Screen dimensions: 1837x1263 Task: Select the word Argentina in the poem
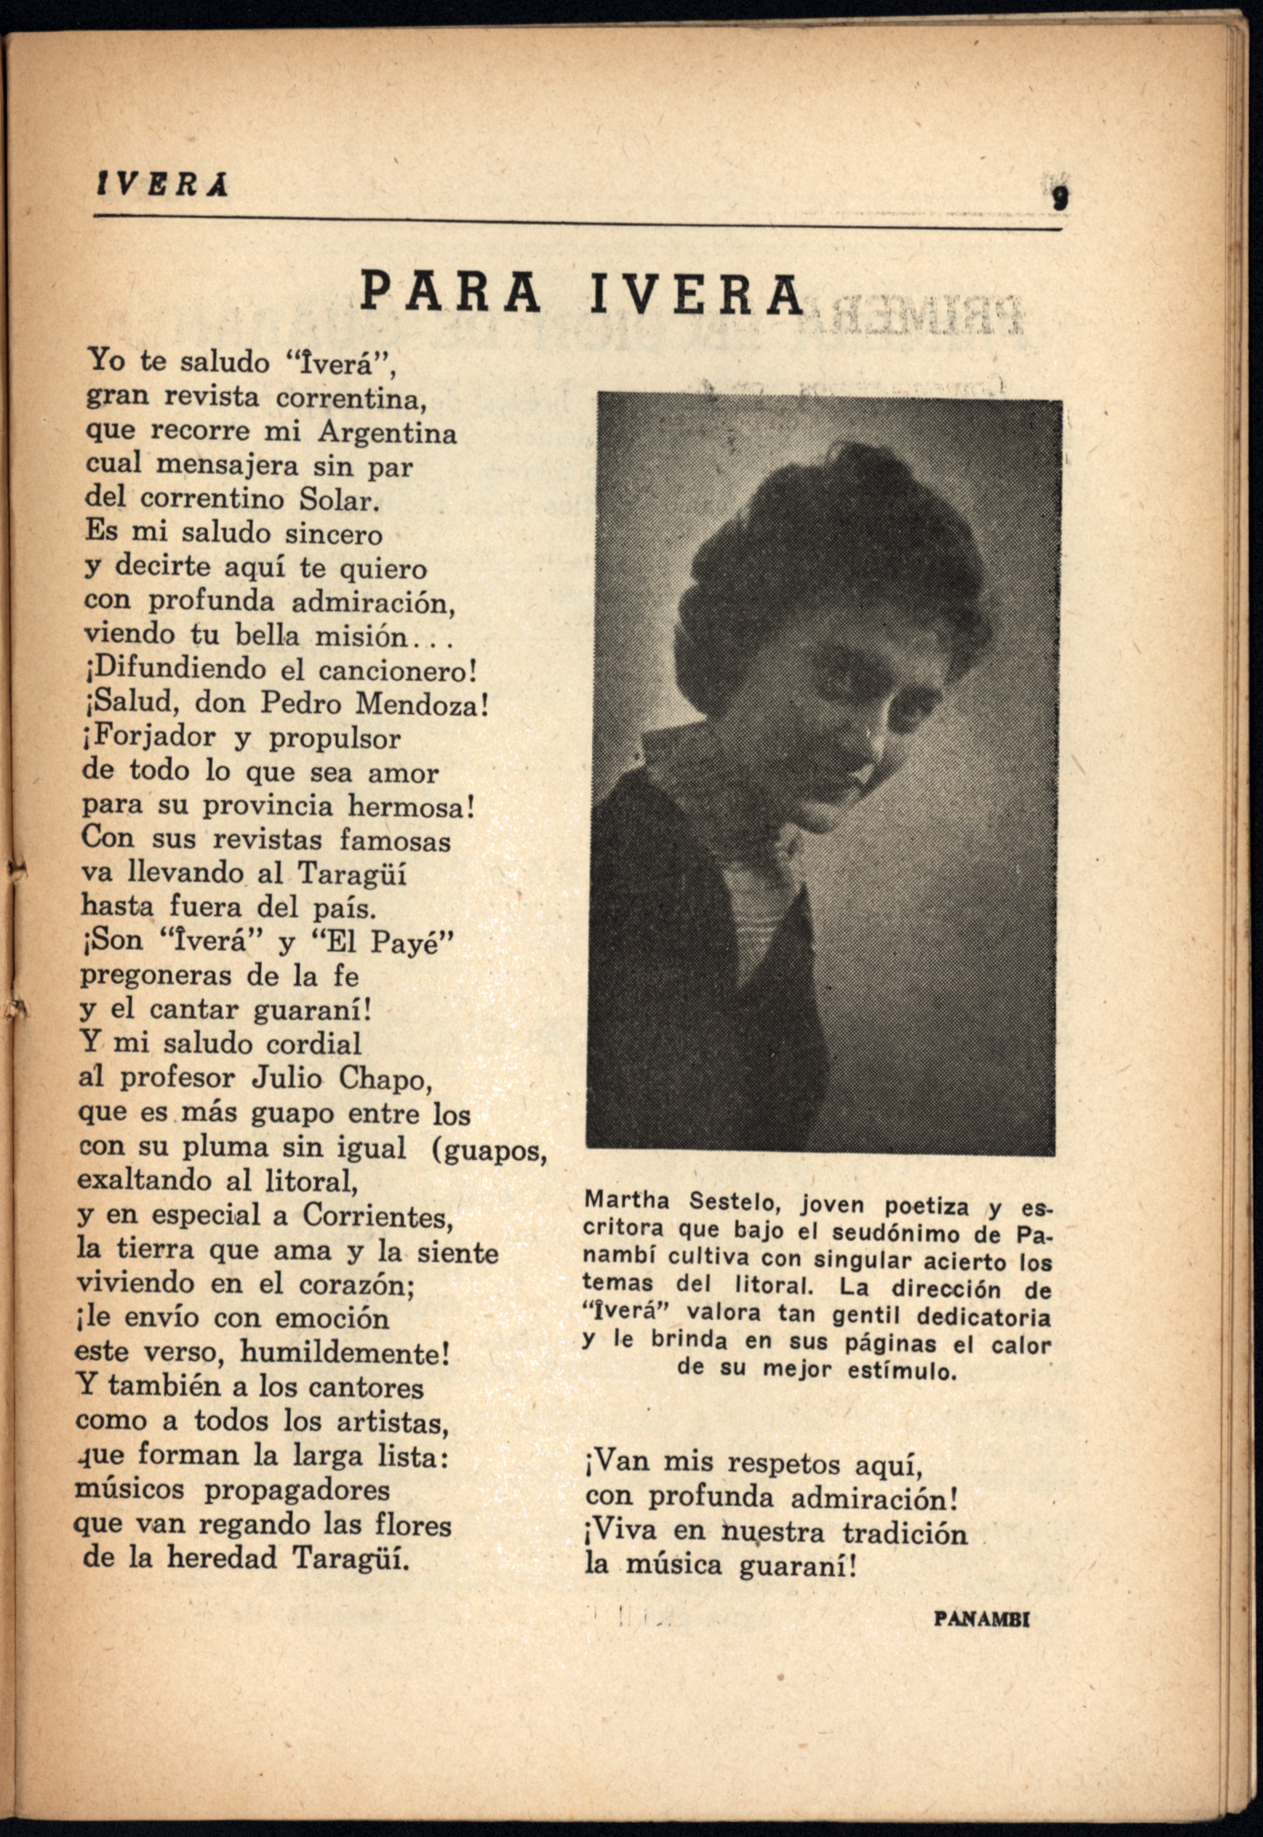(x=387, y=433)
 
